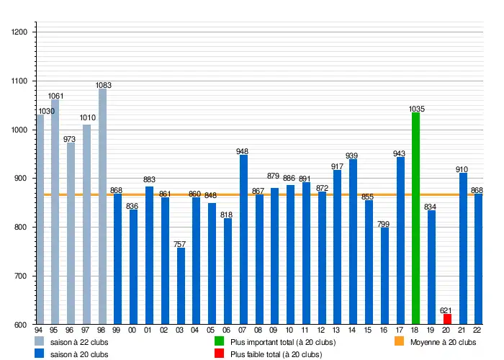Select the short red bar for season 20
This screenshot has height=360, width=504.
point(447,319)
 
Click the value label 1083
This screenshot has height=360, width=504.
point(103,85)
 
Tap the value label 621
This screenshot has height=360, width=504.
point(447,310)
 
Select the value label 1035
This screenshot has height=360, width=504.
point(416,109)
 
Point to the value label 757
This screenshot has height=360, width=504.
point(181,244)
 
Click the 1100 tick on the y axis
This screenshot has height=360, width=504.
point(19,81)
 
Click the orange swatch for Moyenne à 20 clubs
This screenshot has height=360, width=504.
point(400,342)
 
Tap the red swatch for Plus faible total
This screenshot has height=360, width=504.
point(220,354)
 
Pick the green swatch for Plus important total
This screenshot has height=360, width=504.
point(220,342)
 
